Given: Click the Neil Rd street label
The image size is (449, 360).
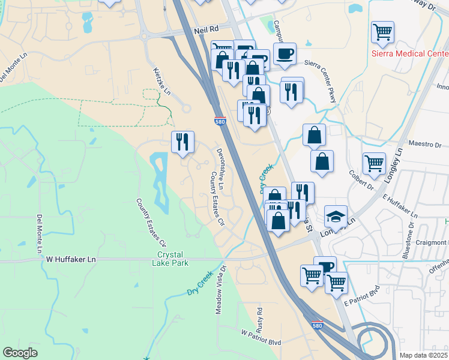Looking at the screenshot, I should click(x=205, y=29).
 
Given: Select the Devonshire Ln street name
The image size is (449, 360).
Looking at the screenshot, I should click(x=220, y=170).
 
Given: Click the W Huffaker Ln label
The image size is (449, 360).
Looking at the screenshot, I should click(x=71, y=259).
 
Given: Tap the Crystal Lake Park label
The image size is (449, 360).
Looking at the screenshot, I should click(x=173, y=259).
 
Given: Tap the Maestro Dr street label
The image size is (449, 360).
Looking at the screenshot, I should click(x=424, y=145).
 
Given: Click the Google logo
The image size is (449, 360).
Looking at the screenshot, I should click(x=20, y=353).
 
